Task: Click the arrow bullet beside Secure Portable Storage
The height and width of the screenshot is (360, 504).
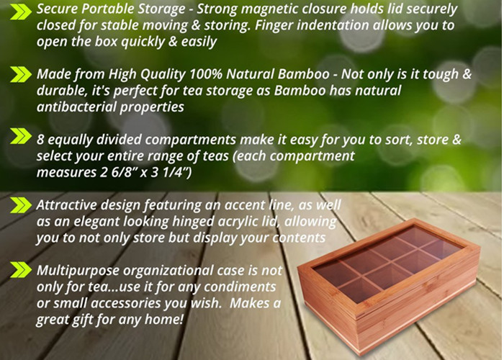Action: pos(21,12)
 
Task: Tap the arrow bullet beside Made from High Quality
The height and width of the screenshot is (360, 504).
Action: pos(21,75)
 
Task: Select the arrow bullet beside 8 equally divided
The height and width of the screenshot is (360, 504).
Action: pos(21,136)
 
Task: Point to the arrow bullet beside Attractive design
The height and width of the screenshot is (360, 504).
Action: pos(21,205)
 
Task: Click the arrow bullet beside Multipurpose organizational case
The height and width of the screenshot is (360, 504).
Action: pos(21,270)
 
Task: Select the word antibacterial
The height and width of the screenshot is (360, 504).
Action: pos(76,107)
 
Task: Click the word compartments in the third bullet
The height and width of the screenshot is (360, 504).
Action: pos(191,140)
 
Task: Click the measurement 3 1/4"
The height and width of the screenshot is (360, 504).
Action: pos(171,172)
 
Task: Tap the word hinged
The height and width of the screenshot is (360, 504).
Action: pos(190,222)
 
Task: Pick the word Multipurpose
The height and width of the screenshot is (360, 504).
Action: pos(78,271)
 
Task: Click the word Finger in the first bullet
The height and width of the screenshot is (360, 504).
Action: pos(274,25)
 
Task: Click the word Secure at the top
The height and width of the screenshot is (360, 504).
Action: pos(57,9)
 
